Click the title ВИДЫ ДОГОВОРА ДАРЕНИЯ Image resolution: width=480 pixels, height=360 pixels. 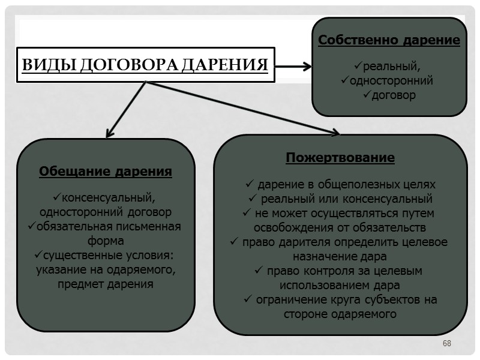click(x=145, y=65)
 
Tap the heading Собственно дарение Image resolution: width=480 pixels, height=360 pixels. click(x=389, y=41)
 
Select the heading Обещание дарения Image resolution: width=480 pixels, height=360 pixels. click(x=106, y=172)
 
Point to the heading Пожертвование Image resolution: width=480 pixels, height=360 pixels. click(x=340, y=158)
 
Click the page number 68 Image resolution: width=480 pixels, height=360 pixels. click(x=446, y=343)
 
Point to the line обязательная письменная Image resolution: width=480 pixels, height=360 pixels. click(x=109, y=226)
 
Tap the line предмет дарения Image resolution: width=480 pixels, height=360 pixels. click(x=106, y=284)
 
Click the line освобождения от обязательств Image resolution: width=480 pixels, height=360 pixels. click(x=340, y=227)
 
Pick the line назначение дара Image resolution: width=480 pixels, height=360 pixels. click(x=340, y=256)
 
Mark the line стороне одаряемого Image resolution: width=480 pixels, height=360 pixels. click(x=340, y=314)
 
